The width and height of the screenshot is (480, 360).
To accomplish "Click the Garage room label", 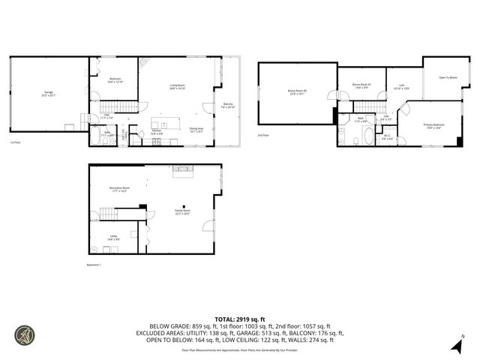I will click(x=47, y=93).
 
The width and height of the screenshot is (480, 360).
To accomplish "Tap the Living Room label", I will click(x=177, y=87).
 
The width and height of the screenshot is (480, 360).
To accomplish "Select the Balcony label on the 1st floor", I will click(x=228, y=105).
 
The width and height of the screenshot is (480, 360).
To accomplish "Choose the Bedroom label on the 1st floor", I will click(x=115, y=80).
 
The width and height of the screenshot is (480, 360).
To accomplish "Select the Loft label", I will click(x=402, y=87).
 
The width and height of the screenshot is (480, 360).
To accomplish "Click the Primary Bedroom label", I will click(x=433, y=125).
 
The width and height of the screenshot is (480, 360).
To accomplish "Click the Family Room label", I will click(x=182, y=212).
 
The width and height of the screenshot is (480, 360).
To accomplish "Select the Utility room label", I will click(x=113, y=238).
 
